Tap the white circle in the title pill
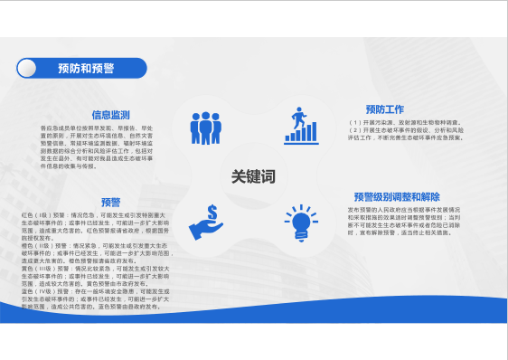tap(32, 68)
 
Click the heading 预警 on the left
tap(111, 202)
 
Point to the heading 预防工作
tap(384, 109)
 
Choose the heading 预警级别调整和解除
tap(397, 196)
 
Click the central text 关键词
tap(252, 175)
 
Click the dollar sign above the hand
tap(211, 213)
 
